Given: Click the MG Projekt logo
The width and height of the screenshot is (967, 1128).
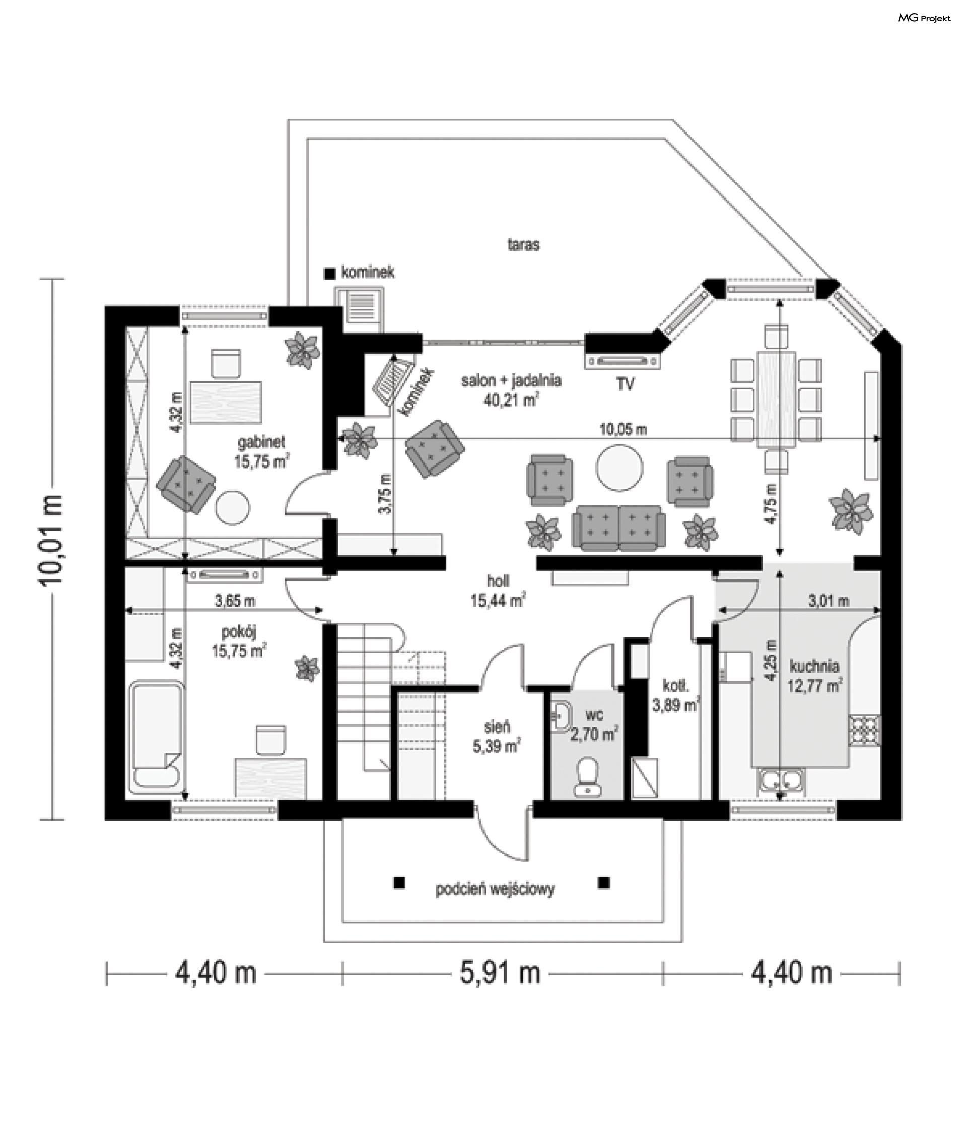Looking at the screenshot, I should point(924,18).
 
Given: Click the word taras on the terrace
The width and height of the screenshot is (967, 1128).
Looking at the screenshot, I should point(523,245).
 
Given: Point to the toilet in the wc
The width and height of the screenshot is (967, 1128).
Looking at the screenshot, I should point(587,776).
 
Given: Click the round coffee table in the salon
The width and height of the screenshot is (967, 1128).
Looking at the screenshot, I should point(619,468).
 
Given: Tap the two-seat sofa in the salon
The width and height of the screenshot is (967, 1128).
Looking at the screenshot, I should point(618,527).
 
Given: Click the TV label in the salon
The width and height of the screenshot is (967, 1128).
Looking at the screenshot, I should point(625,384).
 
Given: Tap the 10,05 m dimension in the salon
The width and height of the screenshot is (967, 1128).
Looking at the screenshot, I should point(623,430).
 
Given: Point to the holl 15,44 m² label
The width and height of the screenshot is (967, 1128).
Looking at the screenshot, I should point(498,590).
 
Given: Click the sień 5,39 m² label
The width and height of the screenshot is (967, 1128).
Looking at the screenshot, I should point(496,736).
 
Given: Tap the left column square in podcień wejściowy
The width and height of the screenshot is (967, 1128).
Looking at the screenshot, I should point(399,883).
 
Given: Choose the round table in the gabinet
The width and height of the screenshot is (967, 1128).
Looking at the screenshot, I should point(232,507).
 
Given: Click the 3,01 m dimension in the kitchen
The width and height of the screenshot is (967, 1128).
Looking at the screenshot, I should point(828,601).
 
